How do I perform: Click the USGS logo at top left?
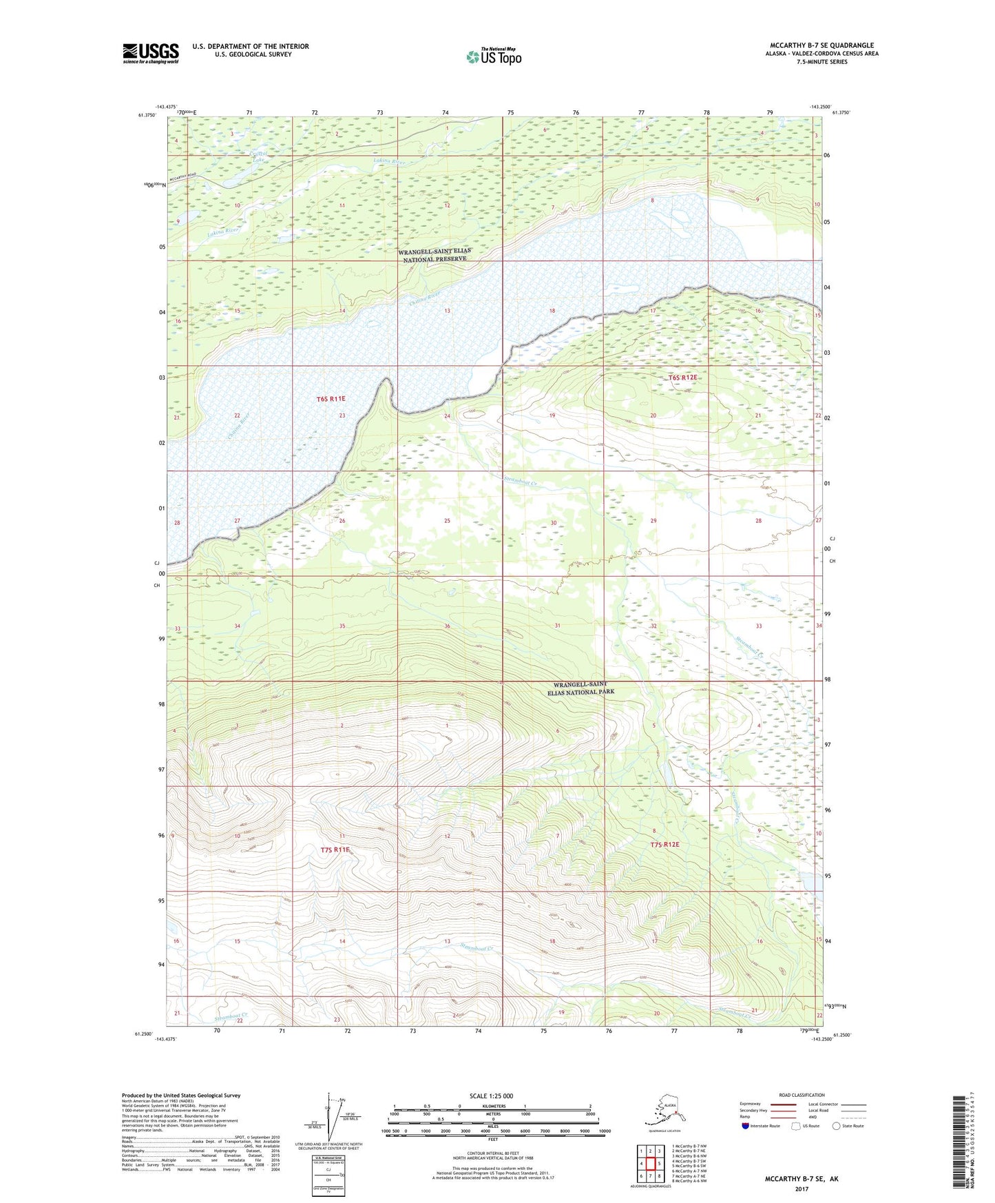pos(150,53)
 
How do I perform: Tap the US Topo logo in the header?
pos(494,56)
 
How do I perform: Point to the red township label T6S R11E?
pos(331,399)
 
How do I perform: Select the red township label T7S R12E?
pos(664,845)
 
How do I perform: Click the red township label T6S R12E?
pos(682,378)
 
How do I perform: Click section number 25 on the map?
pos(447,521)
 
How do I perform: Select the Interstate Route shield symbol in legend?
pos(746,1127)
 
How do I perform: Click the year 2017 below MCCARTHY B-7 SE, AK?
pos(802,1189)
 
